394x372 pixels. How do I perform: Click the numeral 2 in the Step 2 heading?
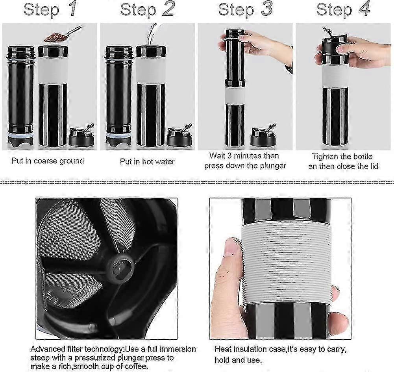click(168, 9)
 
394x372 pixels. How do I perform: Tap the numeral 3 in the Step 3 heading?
click(266, 9)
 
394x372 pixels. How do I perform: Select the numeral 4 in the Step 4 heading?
click(364, 9)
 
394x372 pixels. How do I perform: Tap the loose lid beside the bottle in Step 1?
click(81, 137)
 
